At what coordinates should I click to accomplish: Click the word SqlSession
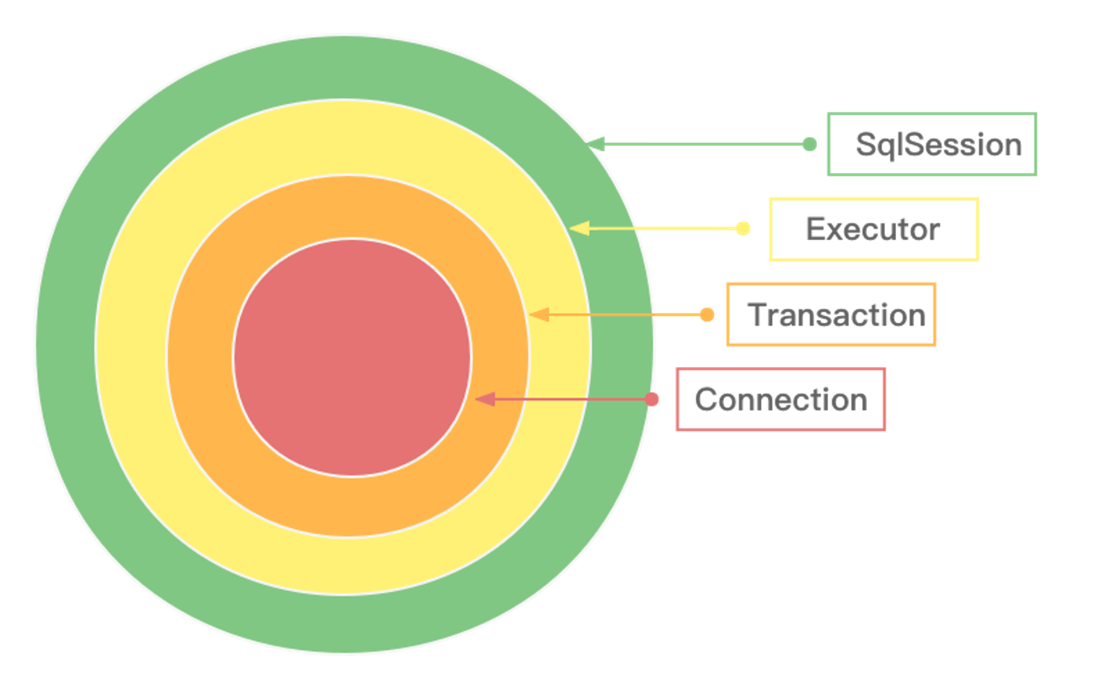click(939, 145)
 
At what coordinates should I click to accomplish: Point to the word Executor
click(873, 229)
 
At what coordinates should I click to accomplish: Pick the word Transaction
click(836, 315)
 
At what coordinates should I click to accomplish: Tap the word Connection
click(781, 400)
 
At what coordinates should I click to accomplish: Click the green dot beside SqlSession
click(810, 144)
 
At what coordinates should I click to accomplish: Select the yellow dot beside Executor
click(743, 229)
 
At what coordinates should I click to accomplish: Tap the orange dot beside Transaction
click(707, 314)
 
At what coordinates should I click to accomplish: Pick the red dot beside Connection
click(651, 399)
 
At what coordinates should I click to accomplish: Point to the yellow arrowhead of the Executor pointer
click(579, 229)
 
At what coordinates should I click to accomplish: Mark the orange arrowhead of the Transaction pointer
click(539, 314)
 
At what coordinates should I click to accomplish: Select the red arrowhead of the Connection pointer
click(485, 399)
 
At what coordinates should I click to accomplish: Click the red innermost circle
click(352, 358)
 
